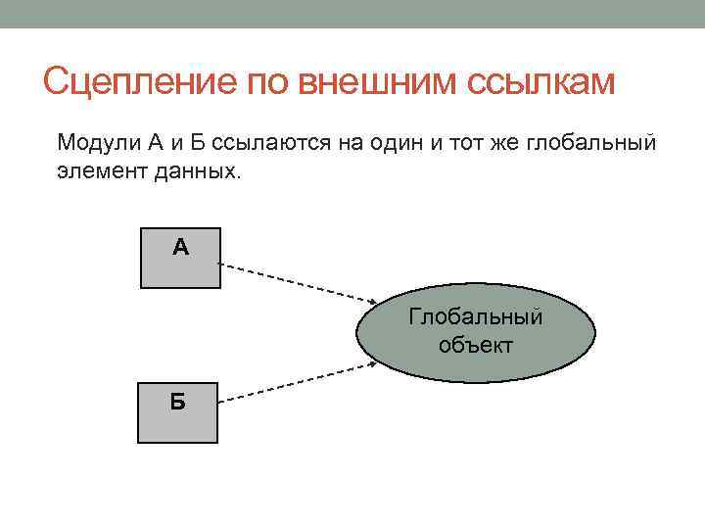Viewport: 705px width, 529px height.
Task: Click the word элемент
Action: [94, 171]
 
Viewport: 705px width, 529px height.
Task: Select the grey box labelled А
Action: [180, 259]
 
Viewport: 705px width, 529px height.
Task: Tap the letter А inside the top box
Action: [180, 246]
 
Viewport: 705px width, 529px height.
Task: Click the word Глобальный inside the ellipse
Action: [475, 318]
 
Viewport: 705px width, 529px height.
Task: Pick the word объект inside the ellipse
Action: [475, 345]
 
